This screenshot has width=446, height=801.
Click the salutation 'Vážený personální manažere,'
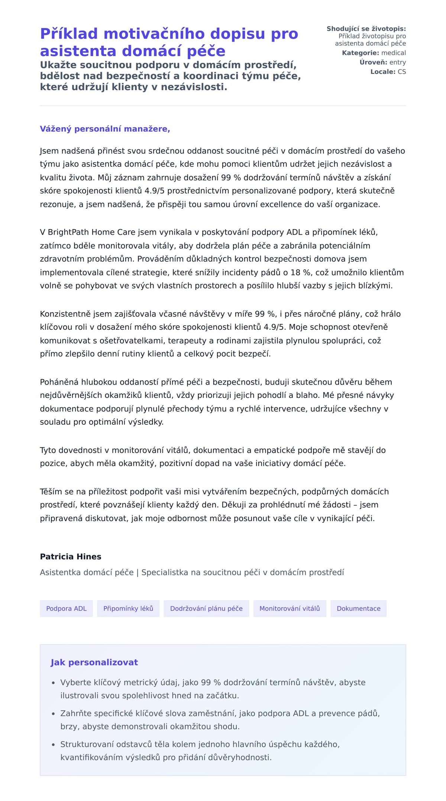105,129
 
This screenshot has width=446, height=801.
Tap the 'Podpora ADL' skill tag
66,608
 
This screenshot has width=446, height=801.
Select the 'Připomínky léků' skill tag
128,608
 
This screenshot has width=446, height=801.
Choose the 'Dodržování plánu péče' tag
206,608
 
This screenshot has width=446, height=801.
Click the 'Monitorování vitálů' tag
290,608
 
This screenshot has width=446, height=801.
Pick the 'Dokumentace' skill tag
358,608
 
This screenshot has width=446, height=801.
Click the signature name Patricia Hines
71,556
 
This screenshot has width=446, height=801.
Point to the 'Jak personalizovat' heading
94,662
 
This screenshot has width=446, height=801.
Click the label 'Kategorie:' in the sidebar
361,53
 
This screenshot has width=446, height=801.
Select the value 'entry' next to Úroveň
398,62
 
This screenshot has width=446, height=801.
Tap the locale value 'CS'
402,72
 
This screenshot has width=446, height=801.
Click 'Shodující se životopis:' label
366,29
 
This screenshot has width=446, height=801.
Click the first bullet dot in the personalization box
54,683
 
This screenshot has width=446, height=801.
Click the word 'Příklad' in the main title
69,34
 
